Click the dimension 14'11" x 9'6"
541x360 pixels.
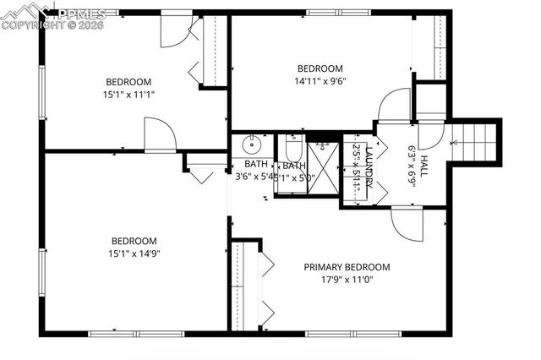click(x=320, y=82)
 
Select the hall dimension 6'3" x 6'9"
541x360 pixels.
click(x=412, y=165)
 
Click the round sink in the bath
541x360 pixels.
click(x=250, y=143)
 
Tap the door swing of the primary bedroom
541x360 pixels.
click(x=406, y=223)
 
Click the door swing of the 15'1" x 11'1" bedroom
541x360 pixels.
click(x=159, y=135)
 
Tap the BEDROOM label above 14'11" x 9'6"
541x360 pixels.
click(x=320, y=69)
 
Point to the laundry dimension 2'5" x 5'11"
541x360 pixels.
click(x=358, y=167)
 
